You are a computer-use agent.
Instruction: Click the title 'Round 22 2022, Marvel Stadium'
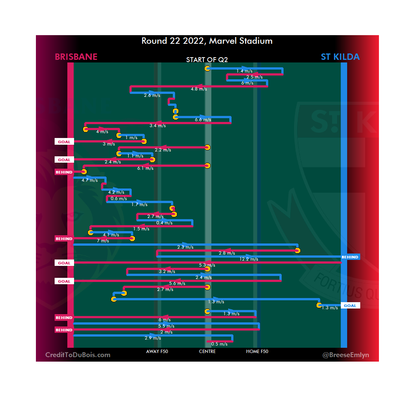[x=207, y=41]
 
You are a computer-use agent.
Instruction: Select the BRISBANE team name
[x=76, y=57]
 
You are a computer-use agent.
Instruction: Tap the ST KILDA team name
[x=340, y=57]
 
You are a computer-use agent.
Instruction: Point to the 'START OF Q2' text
[x=207, y=60]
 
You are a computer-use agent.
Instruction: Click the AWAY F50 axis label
[x=157, y=352]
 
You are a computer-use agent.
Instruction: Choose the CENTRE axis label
[x=207, y=352]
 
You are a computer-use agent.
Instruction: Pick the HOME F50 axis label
[x=257, y=352]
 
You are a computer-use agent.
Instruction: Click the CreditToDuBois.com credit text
[x=78, y=355]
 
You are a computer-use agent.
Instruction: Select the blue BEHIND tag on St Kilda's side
[x=350, y=257]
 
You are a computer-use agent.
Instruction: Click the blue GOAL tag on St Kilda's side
[x=350, y=306]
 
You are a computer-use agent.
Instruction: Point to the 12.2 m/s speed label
[x=249, y=259]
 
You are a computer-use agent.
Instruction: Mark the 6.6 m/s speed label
[x=203, y=120]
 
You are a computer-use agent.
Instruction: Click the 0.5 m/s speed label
[x=219, y=344]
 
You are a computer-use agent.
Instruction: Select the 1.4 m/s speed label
[x=245, y=71]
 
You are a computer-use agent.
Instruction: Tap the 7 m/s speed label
[x=103, y=241]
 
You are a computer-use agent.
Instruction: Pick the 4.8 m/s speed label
[x=199, y=89]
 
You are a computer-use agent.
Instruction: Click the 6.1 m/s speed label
[x=145, y=168]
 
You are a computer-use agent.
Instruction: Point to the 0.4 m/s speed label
[x=164, y=223]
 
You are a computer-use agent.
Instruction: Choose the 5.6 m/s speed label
[x=177, y=283]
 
